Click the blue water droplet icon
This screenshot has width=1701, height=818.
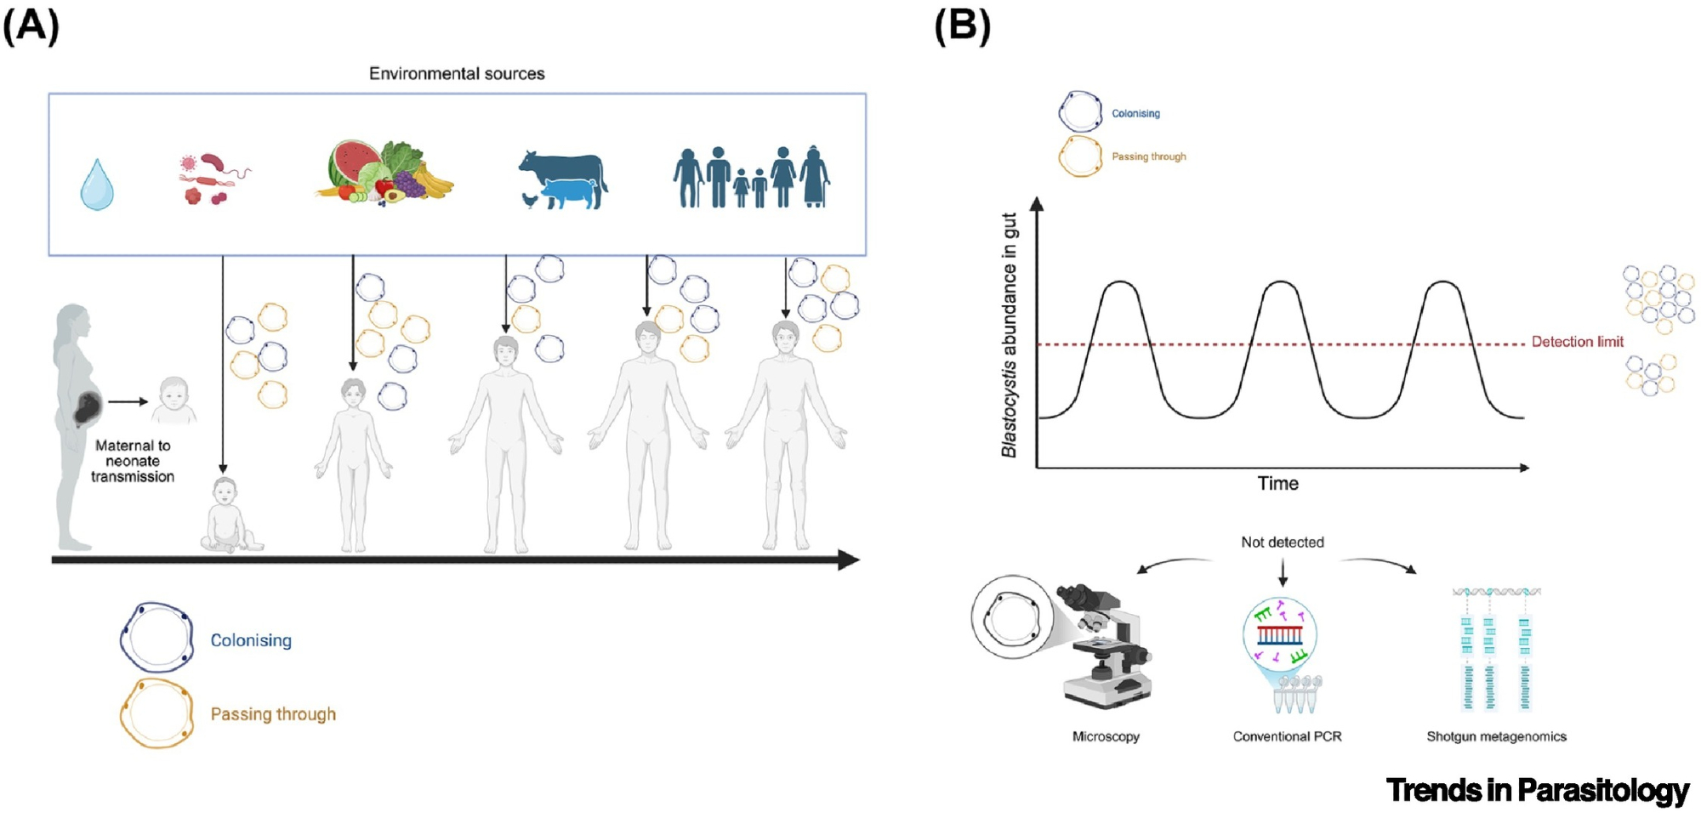pyautogui.click(x=96, y=185)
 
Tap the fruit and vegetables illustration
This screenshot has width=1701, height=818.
pyautogui.click(x=384, y=173)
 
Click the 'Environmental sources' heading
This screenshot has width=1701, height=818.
pyautogui.click(x=457, y=74)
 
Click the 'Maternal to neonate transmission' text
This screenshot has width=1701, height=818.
pyautogui.click(x=133, y=461)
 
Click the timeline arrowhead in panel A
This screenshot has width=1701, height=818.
pyautogui.click(x=848, y=560)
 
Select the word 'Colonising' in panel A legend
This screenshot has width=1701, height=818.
pyautogui.click(x=251, y=640)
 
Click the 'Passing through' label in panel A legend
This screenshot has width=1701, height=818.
pyautogui.click(x=273, y=714)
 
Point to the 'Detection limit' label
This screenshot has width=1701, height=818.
pyautogui.click(x=1577, y=342)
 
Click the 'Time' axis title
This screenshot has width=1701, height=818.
pyautogui.click(x=1277, y=484)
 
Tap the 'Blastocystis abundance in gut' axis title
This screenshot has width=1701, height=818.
pyautogui.click(x=1010, y=335)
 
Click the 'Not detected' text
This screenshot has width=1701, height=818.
pyautogui.click(x=1282, y=542)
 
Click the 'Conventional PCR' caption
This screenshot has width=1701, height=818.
pyautogui.click(x=1287, y=736)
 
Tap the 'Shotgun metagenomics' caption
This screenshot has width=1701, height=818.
pyautogui.click(x=1496, y=736)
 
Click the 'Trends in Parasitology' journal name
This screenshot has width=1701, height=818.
pyautogui.click(x=1537, y=790)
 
